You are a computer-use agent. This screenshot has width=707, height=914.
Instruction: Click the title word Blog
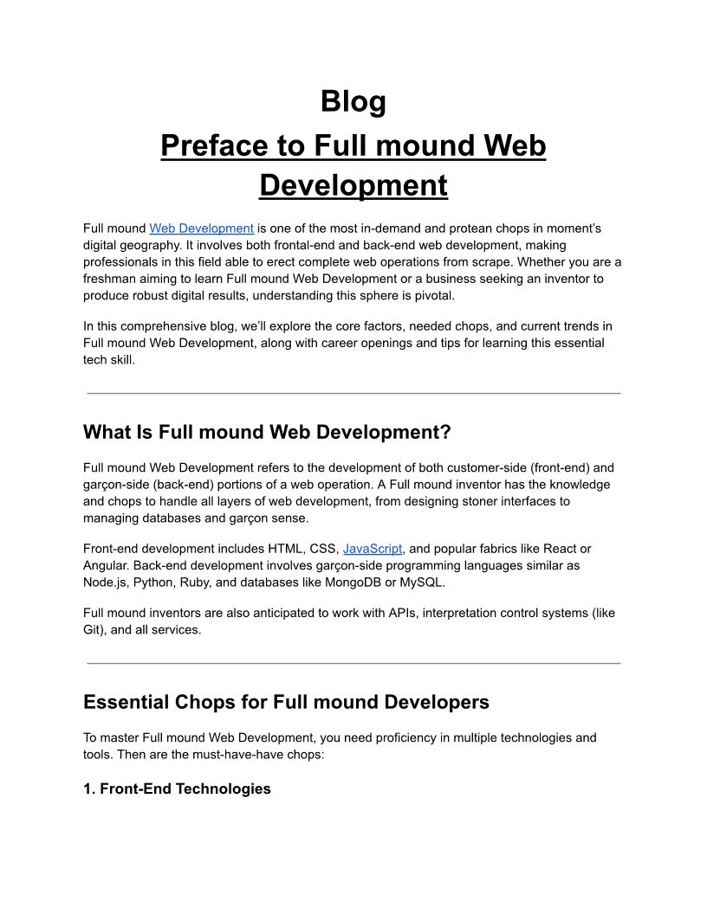[353, 101]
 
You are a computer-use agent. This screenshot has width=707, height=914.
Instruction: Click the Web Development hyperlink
[201, 228]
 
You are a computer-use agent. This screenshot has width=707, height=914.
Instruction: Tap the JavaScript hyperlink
[373, 549]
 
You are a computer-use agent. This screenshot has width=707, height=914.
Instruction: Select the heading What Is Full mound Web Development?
[267, 432]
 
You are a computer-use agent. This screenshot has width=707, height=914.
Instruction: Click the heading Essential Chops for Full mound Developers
[286, 702]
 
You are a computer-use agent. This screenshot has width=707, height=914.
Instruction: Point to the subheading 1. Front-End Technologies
[177, 788]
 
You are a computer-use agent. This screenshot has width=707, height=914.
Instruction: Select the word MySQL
[421, 582]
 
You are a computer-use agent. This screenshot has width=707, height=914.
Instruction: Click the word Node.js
[106, 582]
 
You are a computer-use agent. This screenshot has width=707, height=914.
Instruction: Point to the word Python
[157, 582]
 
